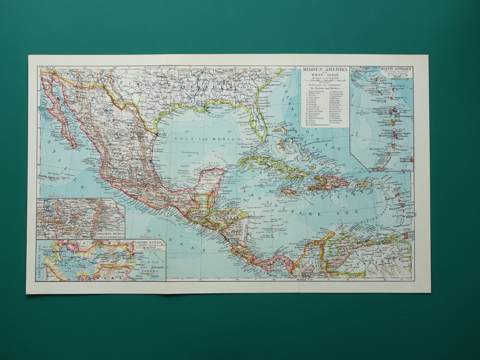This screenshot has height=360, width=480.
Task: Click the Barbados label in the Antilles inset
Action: click(406, 158)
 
